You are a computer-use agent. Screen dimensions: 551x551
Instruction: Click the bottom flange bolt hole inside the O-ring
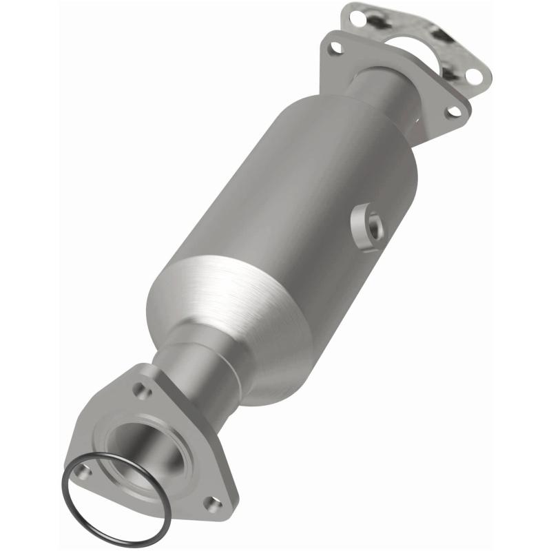coord(83,471)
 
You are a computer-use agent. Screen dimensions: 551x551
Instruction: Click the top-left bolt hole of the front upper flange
coord(335,48)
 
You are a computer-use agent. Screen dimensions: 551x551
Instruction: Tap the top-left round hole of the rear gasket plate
coord(357,18)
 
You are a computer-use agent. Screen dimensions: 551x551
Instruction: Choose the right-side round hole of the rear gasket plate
coord(473,76)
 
